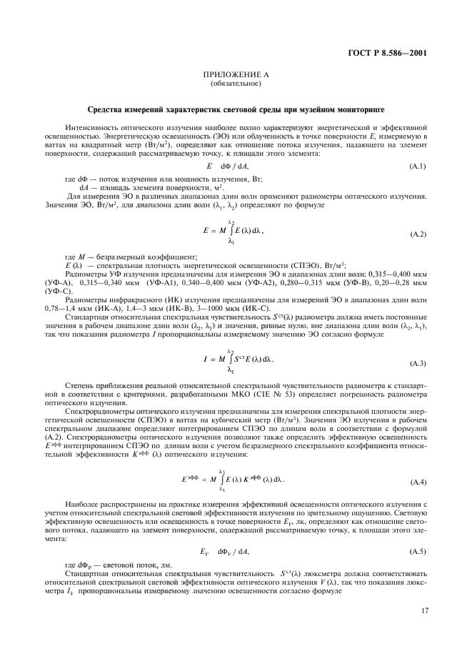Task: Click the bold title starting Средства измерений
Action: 236,109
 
